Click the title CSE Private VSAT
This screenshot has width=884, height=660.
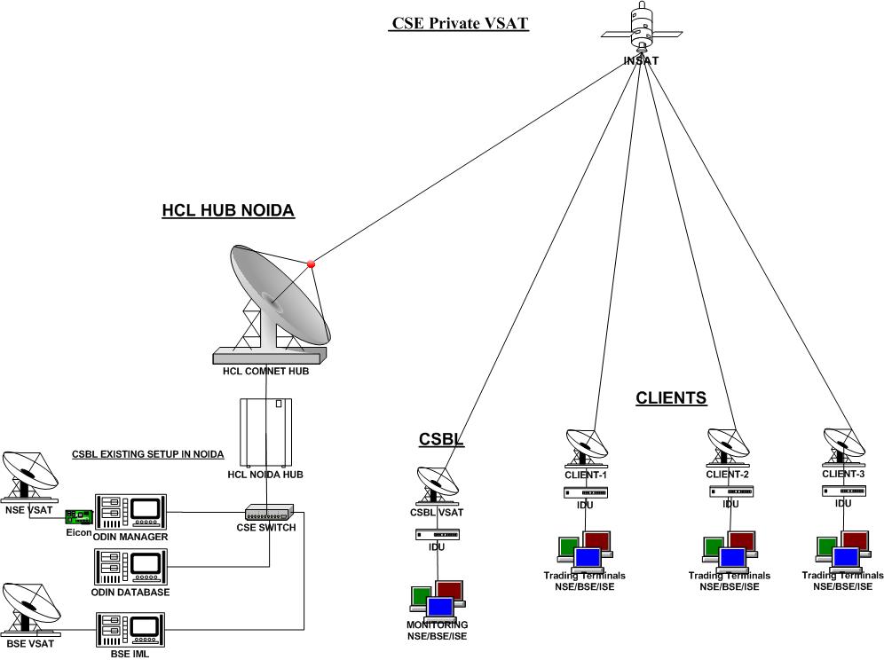(x=460, y=23)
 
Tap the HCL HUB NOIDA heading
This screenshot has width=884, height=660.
(x=228, y=211)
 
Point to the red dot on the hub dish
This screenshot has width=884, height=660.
(x=311, y=263)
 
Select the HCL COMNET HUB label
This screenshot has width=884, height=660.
(x=266, y=371)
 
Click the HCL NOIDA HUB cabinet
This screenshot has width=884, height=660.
(x=266, y=432)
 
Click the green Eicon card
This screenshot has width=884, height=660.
(x=80, y=516)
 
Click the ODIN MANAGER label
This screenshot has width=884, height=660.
(x=129, y=537)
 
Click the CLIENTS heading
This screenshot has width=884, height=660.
(x=671, y=398)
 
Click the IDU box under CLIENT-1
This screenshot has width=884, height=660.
(x=586, y=491)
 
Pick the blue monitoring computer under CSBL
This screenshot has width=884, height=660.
(x=441, y=609)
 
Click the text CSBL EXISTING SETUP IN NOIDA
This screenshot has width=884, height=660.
(x=147, y=455)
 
